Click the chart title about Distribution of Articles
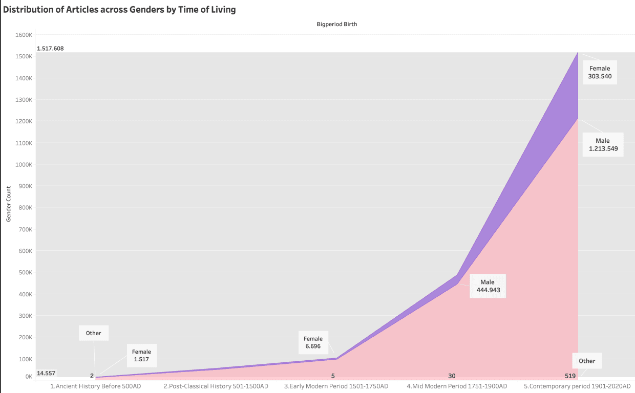pos(119,10)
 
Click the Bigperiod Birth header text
pos(336,24)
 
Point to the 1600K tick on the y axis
pos(24,35)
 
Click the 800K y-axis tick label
pos(25,208)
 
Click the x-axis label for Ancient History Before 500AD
pos(95,386)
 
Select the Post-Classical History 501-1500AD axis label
pos(216,386)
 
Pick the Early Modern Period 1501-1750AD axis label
pos(336,386)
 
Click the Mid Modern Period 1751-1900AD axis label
pos(457,386)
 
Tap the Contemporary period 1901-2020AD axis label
pos(577,386)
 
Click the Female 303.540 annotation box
pos(600,73)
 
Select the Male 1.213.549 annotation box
pos(602,145)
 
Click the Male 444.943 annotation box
pos(488,286)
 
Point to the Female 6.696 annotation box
pos(313,342)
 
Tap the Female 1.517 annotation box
pos(141,356)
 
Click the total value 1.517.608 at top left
pos(50,49)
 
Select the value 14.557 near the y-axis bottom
pos(46,373)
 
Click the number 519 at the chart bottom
pos(570,376)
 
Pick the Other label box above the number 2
pos(93,333)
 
